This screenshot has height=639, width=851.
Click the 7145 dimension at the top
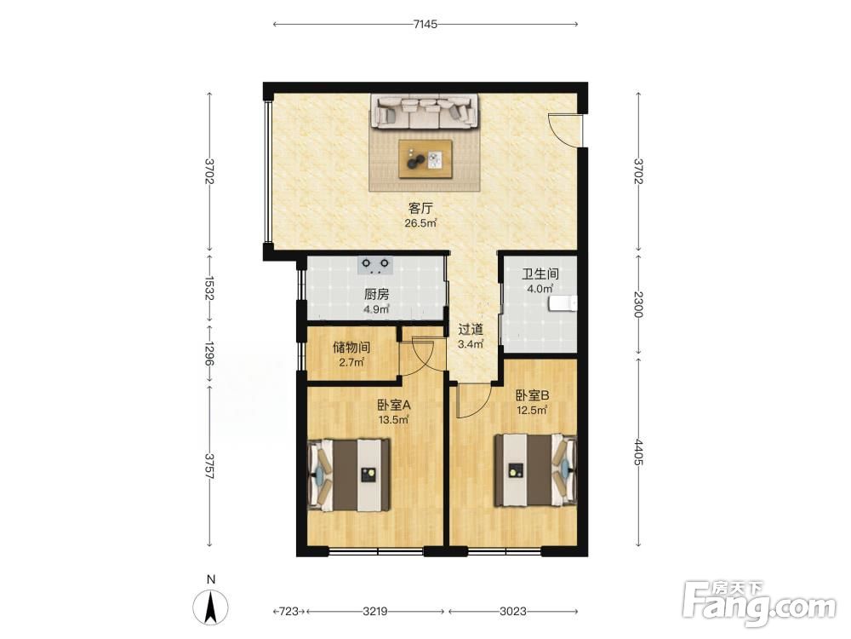(425, 24)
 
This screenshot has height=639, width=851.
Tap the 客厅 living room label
(420, 208)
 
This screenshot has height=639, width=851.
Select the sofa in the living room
(425, 111)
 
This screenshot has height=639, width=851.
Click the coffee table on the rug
(425, 158)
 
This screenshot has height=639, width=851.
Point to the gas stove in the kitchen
(376, 265)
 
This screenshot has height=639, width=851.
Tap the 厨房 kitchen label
(377, 295)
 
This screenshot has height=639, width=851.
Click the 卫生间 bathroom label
(540, 274)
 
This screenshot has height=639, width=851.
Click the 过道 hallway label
(471, 329)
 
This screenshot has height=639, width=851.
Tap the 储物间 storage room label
(351, 348)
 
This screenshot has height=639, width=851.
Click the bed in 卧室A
(349, 475)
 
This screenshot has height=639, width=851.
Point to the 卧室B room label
(533, 396)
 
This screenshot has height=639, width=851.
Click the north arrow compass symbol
(210, 606)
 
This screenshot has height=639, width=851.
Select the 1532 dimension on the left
(210, 288)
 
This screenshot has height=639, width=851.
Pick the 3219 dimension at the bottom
(375, 611)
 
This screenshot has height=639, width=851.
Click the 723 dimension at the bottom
(289, 611)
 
